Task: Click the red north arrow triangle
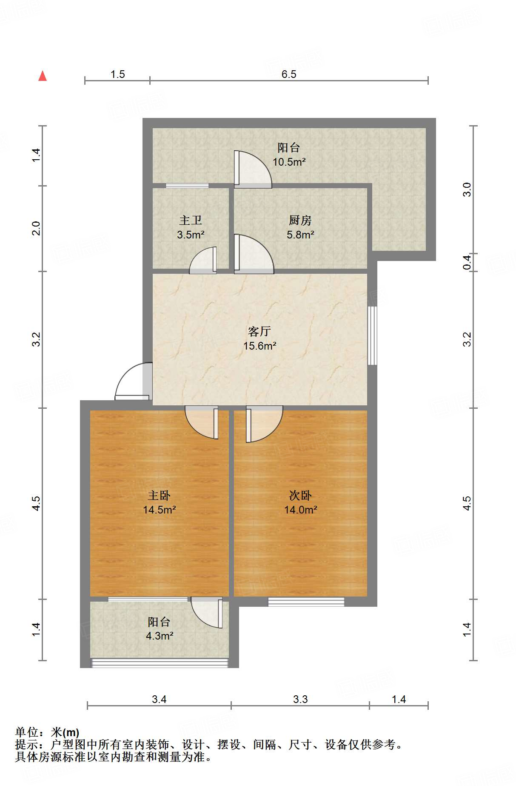(43, 76)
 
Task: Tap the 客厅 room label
(259, 331)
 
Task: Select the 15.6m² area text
(260, 346)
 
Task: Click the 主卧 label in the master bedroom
(159, 495)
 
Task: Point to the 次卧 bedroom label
(300, 495)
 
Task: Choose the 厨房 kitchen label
(300, 220)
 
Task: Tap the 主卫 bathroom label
(191, 220)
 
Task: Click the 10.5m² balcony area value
(289, 162)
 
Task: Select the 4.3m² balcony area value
(160, 636)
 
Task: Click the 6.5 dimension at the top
(289, 74)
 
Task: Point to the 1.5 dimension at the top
(118, 74)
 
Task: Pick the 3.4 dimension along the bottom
(159, 699)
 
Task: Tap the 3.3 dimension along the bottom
(300, 699)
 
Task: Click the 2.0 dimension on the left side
(37, 229)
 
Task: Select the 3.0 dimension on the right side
(467, 189)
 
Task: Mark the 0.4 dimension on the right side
(467, 262)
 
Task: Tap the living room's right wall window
(372, 336)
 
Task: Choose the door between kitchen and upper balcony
(253, 169)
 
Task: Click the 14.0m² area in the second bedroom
(301, 510)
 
